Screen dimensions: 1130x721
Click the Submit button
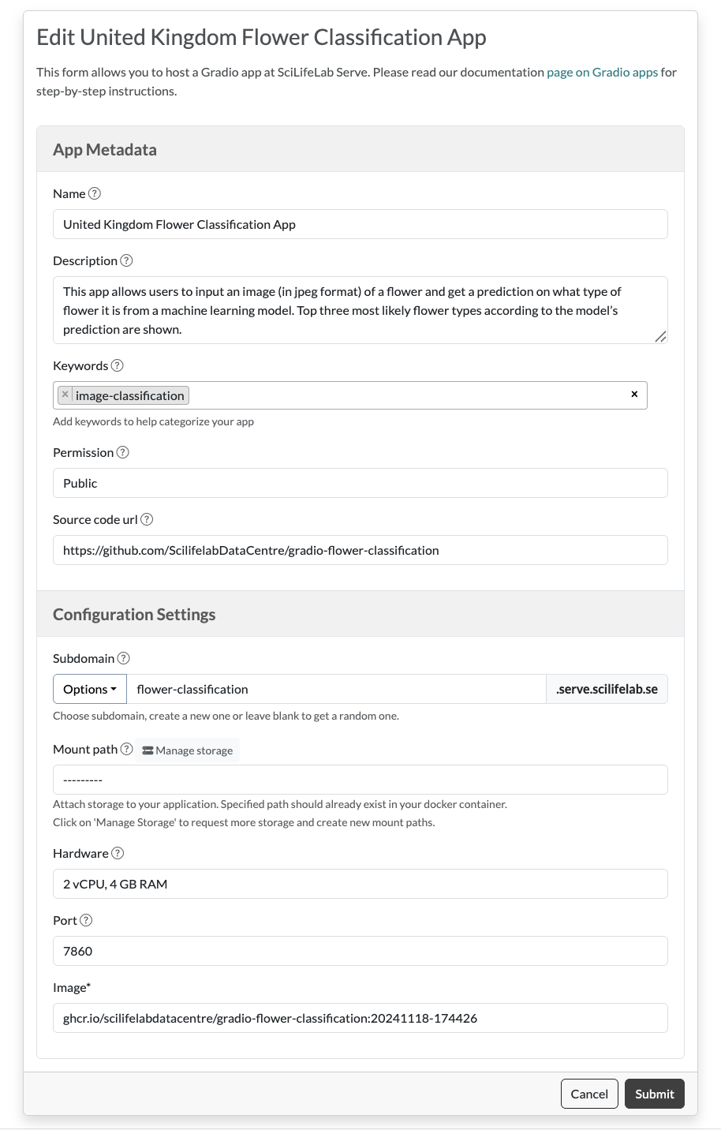click(x=654, y=1094)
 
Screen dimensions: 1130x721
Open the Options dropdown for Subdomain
click(x=90, y=689)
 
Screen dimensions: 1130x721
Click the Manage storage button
click(x=188, y=750)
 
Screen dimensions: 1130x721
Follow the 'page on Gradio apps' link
click(x=602, y=72)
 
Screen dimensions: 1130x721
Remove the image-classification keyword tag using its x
click(x=65, y=395)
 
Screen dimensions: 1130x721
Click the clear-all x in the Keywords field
click(x=634, y=394)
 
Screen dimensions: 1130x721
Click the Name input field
click(x=360, y=224)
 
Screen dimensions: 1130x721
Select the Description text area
click(x=360, y=310)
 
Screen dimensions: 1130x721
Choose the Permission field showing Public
click(x=360, y=483)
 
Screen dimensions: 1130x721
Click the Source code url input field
click(x=360, y=550)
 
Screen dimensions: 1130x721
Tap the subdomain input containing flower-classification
click(x=336, y=689)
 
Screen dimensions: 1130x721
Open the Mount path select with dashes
click(x=360, y=780)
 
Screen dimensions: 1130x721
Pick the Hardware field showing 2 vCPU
click(x=360, y=884)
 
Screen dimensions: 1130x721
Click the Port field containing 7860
click(x=360, y=951)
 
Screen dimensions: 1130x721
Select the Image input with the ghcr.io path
click(x=360, y=1018)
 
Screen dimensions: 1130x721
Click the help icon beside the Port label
click(x=87, y=920)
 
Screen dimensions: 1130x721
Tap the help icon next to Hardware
click(x=118, y=853)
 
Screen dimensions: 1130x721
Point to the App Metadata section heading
click(x=105, y=150)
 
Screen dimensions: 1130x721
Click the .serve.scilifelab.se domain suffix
click(x=607, y=689)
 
